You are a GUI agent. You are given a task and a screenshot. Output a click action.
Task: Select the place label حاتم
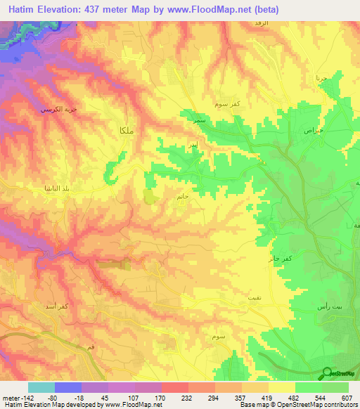(x=181, y=197)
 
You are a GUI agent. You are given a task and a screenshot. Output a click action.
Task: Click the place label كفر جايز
(x=278, y=259)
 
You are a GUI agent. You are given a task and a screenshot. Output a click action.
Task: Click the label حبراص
(x=313, y=131)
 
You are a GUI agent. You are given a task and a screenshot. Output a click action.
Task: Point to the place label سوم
(x=219, y=337)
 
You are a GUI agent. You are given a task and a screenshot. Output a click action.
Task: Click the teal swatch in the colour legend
(x=41, y=388)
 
